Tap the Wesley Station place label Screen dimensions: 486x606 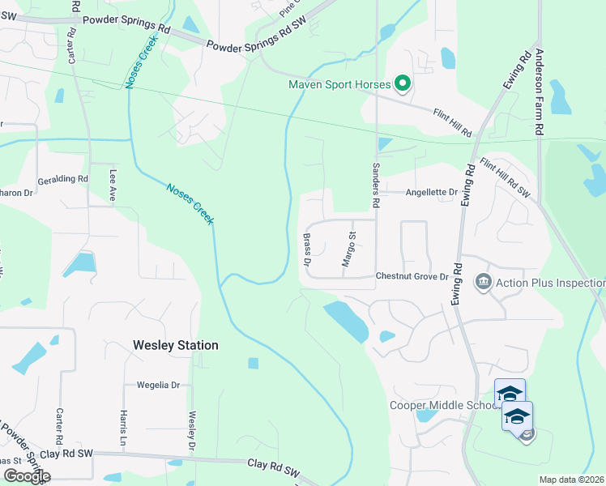pos(175,345)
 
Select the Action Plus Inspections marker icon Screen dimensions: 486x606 pos(484,282)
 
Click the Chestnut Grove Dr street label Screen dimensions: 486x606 pos(412,276)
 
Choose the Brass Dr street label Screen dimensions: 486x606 pos(307,249)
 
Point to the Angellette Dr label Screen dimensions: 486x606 pos(432,192)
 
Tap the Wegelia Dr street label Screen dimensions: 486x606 pos(158,386)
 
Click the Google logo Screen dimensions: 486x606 pos(26,476)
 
